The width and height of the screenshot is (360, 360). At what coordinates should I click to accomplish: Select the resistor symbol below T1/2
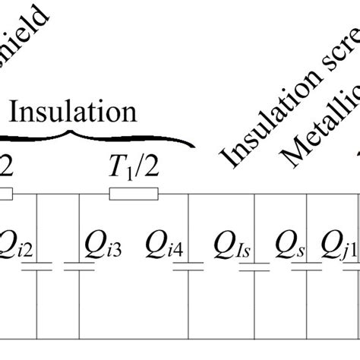click(x=134, y=195)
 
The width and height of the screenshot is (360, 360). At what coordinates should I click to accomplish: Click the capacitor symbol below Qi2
click(x=39, y=267)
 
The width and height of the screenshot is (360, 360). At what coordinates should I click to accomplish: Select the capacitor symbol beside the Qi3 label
click(x=78, y=267)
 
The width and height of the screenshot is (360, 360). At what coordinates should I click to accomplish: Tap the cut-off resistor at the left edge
click(x=5, y=195)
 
